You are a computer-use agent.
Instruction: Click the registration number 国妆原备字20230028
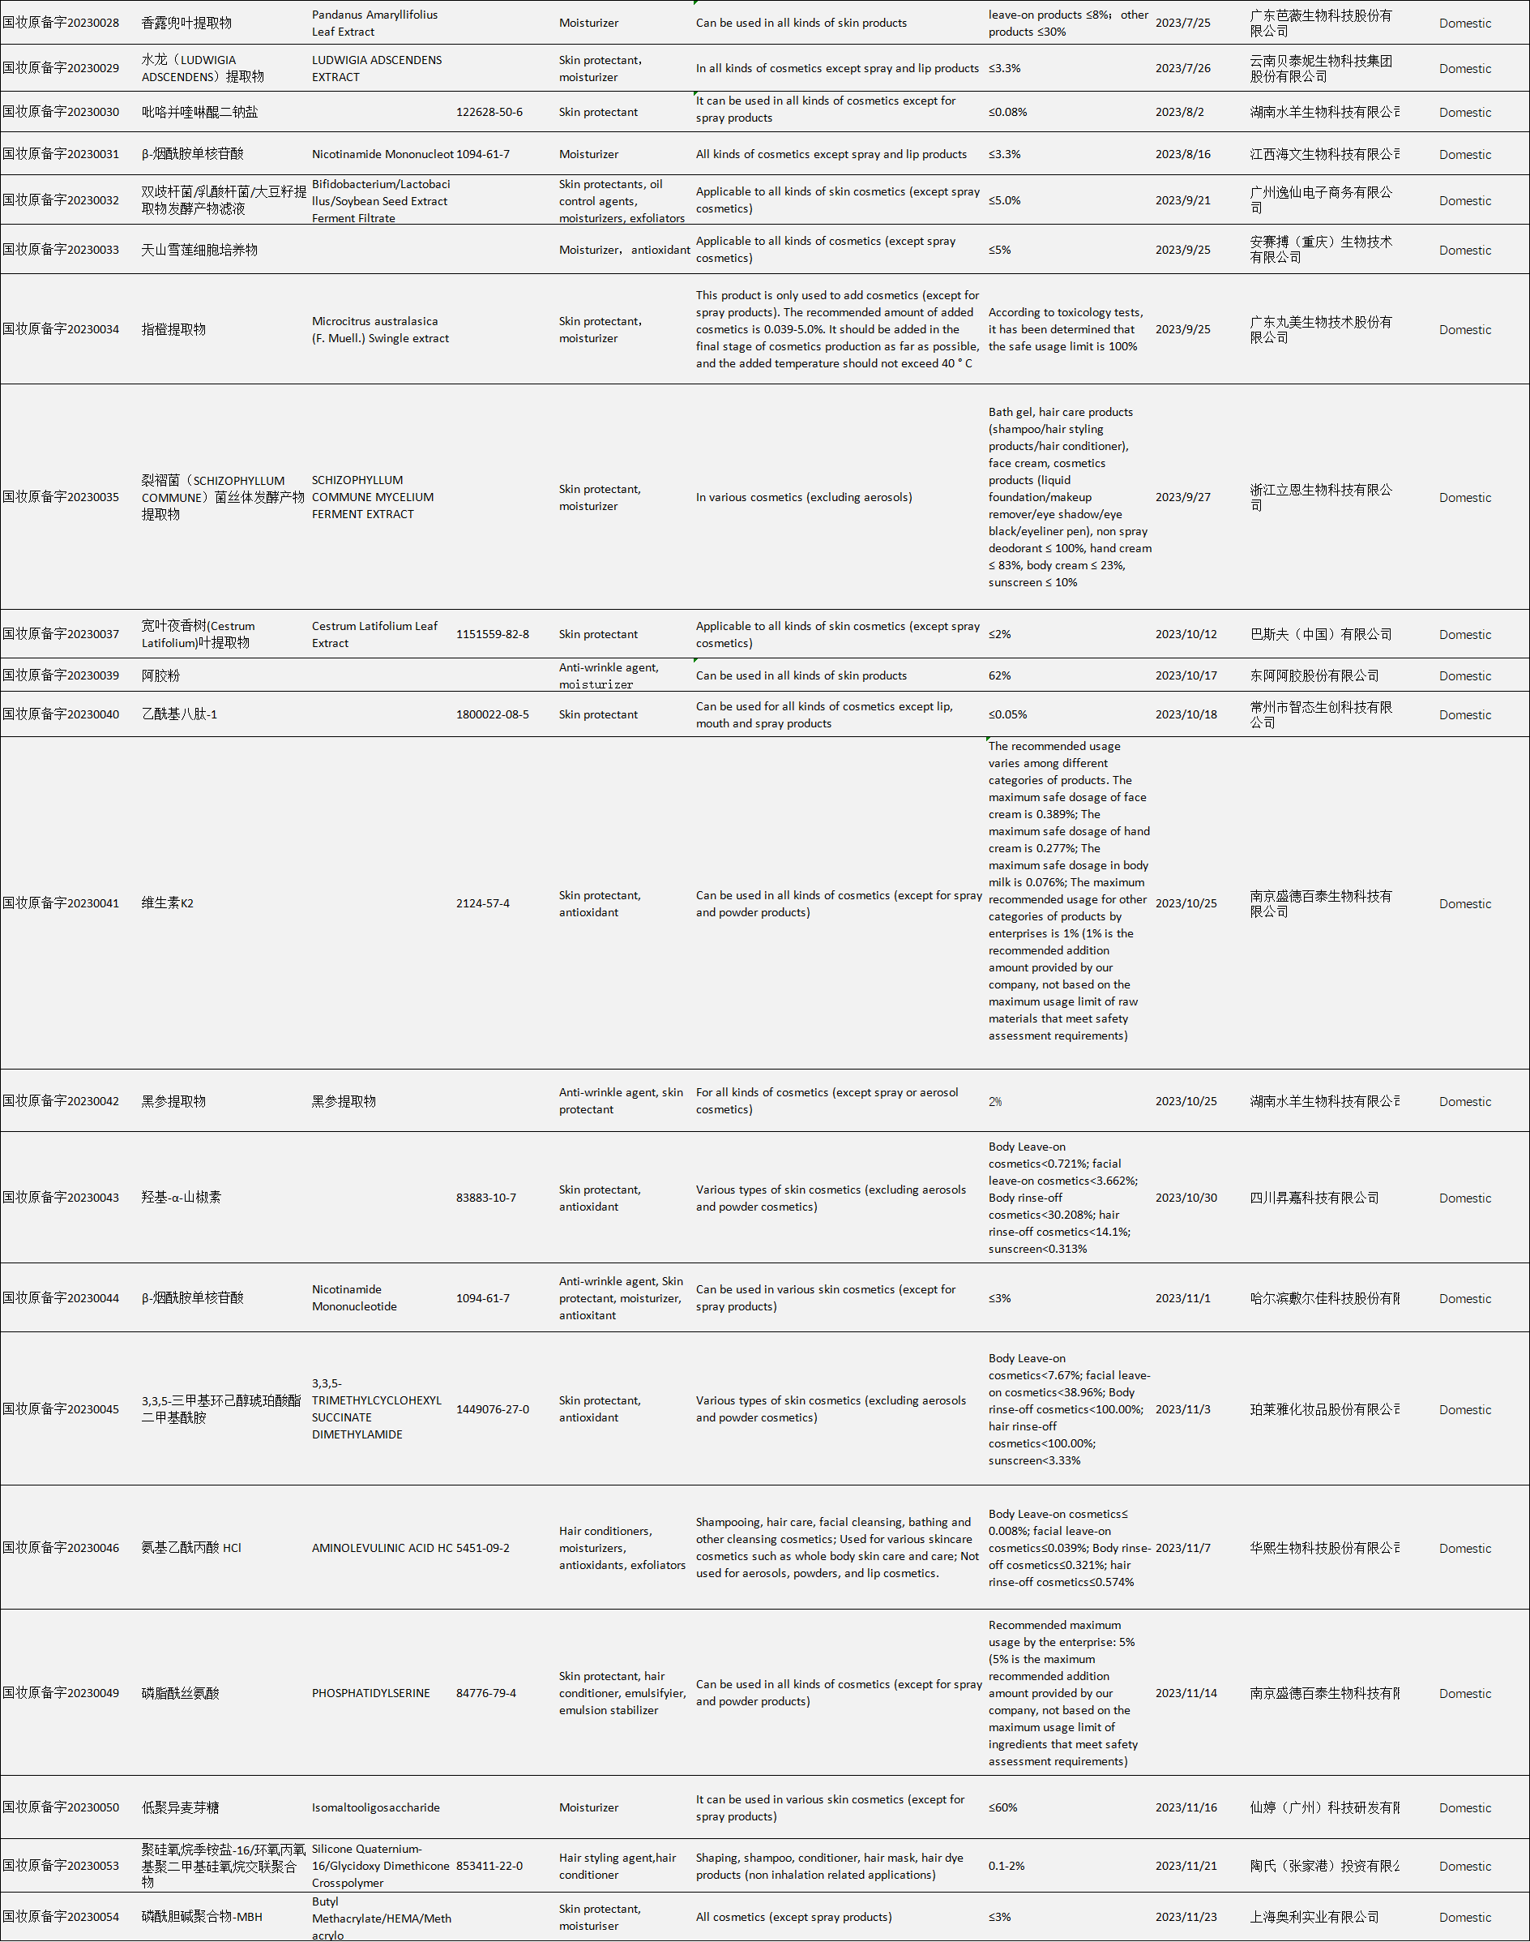pyautogui.click(x=61, y=23)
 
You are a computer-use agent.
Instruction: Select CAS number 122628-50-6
pyautogui.click(x=489, y=112)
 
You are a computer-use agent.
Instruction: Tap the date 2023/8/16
pyautogui.click(x=1182, y=154)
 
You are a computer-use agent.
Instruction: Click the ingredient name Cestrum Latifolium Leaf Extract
pyautogui.click(x=374, y=634)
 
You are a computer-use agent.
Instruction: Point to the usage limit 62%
pyautogui.click(x=1000, y=675)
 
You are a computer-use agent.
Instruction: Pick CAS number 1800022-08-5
pyautogui.click(x=492, y=714)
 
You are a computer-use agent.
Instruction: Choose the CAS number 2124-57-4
pyautogui.click(x=483, y=903)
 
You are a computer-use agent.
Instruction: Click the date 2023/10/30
pyautogui.click(x=1186, y=1198)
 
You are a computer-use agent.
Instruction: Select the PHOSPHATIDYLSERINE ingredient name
pyautogui.click(x=371, y=1693)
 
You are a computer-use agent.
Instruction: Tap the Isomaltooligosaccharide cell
pyautogui.click(x=375, y=1807)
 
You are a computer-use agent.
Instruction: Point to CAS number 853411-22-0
pyautogui.click(x=489, y=1866)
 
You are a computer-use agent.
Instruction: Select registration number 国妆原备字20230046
pyautogui.click(x=61, y=1548)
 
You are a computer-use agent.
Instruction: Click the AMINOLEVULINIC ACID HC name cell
pyautogui.click(x=382, y=1548)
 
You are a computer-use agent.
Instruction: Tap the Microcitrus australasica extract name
pyautogui.click(x=380, y=330)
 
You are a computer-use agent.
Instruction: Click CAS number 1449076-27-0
pyautogui.click(x=492, y=1408)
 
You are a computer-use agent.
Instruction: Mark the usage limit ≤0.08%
pyautogui.click(x=1008, y=112)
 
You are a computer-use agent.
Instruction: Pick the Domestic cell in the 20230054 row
pyautogui.click(x=1464, y=1917)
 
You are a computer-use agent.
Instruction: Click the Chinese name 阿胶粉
pyautogui.click(x=160, y=675)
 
